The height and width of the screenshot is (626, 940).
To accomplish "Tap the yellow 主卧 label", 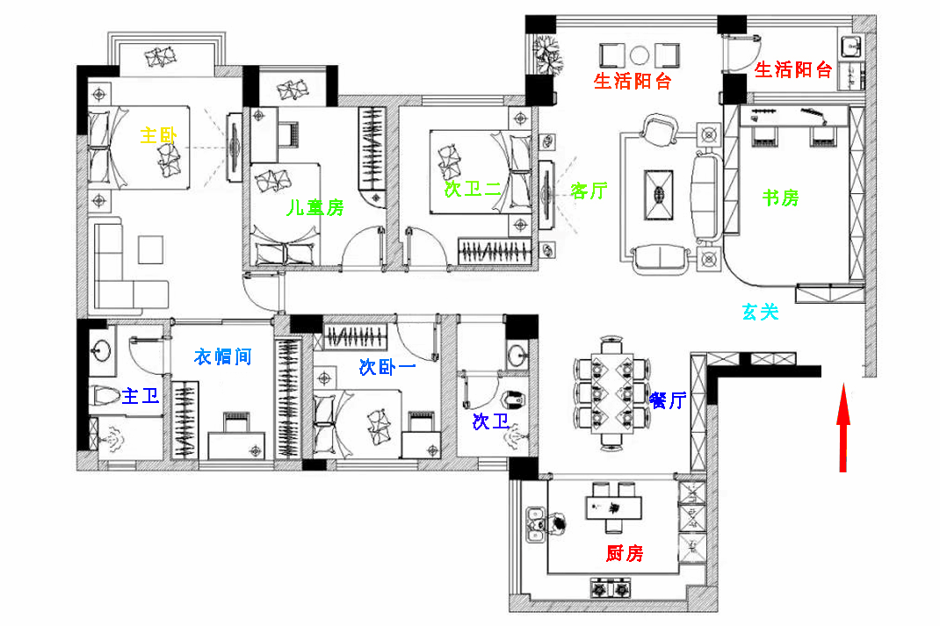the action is point(158,135).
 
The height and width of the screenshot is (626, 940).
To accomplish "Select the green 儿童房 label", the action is point(315,207).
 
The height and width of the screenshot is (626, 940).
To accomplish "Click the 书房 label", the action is point(780,197).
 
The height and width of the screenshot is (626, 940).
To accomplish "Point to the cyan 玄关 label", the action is point(760,312).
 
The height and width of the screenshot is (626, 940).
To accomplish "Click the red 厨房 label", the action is point(625,553).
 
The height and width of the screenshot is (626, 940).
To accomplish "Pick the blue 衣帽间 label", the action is point(222,357).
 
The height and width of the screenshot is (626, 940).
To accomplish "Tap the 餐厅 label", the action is point(668,399).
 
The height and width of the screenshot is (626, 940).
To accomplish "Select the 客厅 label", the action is point(589,191).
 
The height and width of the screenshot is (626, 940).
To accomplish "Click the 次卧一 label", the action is point(387,367).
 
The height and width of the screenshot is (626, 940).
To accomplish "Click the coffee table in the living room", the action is point(658,195).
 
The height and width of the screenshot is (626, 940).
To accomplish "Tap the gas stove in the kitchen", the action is point(611,588).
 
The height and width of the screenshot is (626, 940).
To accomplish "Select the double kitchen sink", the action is point(535,525).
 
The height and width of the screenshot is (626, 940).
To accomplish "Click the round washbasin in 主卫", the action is point(101,350).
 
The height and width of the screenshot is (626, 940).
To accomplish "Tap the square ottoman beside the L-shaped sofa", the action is point(150,250).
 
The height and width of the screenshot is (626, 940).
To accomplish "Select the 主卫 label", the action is point(141,396).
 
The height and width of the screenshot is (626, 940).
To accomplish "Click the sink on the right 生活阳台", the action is point(850,47).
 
